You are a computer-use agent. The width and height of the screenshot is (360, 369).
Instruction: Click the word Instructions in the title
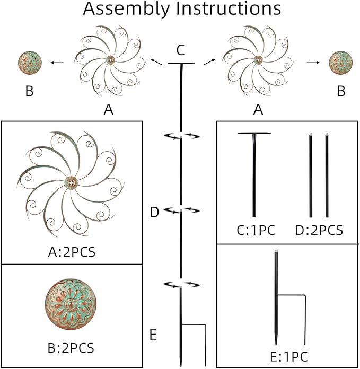228,9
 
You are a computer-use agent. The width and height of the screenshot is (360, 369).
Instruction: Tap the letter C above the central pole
180,50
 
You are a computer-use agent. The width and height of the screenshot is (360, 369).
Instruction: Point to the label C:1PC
256,230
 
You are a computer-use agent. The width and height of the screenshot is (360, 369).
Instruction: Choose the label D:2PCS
319,230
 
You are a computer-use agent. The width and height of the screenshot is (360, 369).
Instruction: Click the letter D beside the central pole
154,213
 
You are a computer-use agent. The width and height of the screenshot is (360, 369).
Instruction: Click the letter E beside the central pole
153,335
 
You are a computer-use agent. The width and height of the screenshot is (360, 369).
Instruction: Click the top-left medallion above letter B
30,63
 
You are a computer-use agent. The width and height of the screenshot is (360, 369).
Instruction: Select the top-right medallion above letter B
341,63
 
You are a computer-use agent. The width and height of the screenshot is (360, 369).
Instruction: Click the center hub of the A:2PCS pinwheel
71,183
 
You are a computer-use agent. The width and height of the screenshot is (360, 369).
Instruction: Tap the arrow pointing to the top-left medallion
57,63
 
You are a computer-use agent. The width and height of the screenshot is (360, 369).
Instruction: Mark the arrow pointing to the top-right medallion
314,63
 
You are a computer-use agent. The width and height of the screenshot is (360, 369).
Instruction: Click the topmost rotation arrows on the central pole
181,136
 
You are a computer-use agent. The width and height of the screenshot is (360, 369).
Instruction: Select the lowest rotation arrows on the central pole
181,285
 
